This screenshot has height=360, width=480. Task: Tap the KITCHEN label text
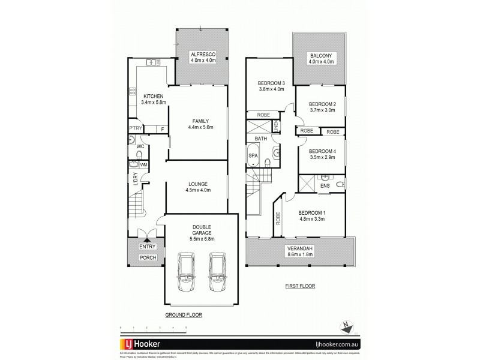click(153, 95)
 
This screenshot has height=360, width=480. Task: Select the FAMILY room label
click(200, 121)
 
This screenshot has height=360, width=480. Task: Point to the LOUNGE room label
click(197, 183)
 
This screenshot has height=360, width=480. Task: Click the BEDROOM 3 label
click(271, 83)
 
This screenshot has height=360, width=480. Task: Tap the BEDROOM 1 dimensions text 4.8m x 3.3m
click(311, 219)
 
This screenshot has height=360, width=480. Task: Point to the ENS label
click(325, 186)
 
